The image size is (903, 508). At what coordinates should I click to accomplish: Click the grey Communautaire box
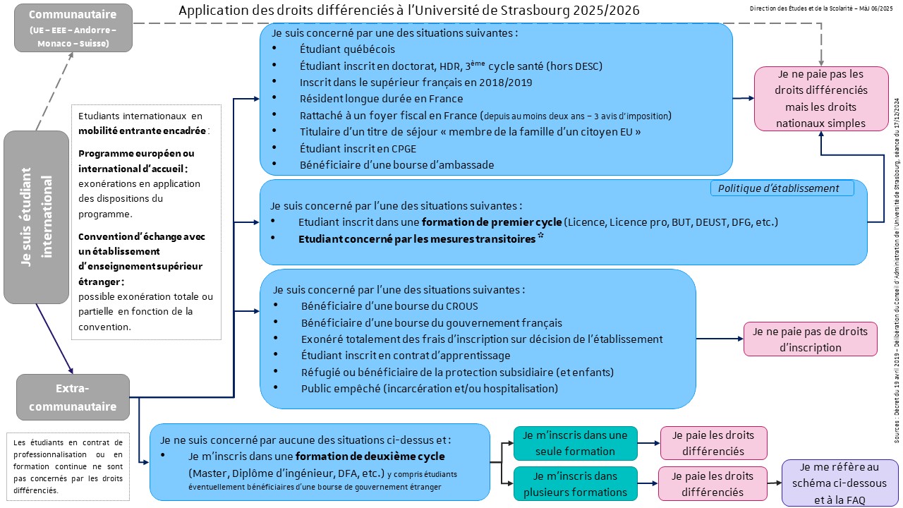[x=73, y=28]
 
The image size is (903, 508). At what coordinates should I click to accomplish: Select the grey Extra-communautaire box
[x=73, y=397]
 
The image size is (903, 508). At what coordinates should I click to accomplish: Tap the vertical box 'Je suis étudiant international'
[x=36, y=217]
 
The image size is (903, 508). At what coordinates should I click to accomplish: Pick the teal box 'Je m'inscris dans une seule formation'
[x=575, y=443]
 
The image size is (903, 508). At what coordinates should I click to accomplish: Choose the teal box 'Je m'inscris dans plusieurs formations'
[x=575, y=483]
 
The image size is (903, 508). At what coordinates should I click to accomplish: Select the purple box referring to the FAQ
[x=840, y=483]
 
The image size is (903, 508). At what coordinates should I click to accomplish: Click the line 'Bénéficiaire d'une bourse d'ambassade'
[x=397, y=164]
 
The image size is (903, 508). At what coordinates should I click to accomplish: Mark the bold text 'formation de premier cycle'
[x=492, y=222]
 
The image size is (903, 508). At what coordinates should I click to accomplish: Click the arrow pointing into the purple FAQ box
[x=775, y=483]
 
